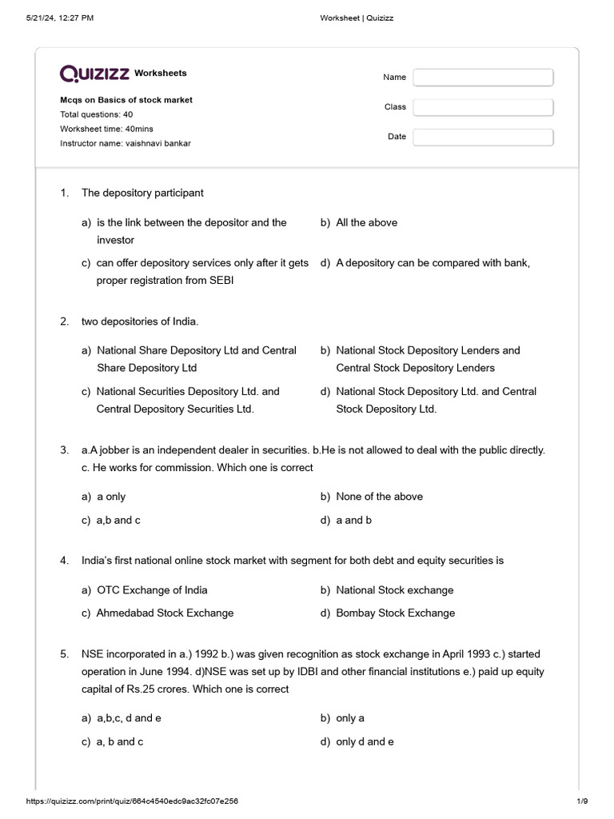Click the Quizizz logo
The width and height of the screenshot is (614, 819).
pos(94,74)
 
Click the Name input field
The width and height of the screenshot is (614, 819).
pos(483,78)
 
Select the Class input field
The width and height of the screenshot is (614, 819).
pos(483,107)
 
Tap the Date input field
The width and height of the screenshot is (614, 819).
pos(483,137)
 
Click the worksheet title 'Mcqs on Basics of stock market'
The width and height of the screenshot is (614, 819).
pos(126,100)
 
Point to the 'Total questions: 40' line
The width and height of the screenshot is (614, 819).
pos(96,114)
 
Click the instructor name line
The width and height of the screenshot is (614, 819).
pos(126,143)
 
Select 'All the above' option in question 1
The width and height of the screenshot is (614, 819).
pos(366,222)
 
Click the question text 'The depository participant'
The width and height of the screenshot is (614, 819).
pos(142,193)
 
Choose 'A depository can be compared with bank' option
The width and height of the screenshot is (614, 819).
pos(433,262)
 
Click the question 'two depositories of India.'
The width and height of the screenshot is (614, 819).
pos(139,321)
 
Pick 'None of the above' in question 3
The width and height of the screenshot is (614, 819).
pos(379,497)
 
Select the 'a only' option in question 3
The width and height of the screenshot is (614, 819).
pos(110,497)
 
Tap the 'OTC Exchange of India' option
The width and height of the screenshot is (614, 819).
pos(151,590)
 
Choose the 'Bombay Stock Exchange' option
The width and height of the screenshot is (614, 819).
pos(395,613)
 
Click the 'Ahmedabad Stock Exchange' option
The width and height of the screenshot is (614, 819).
pos(165,613)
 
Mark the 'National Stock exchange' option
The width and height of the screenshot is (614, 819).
pos(394,590)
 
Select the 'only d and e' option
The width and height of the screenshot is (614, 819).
pos(365,741)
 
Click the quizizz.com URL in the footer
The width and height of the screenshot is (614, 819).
pos(132,801)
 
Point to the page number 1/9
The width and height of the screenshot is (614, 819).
pos(581,801)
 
